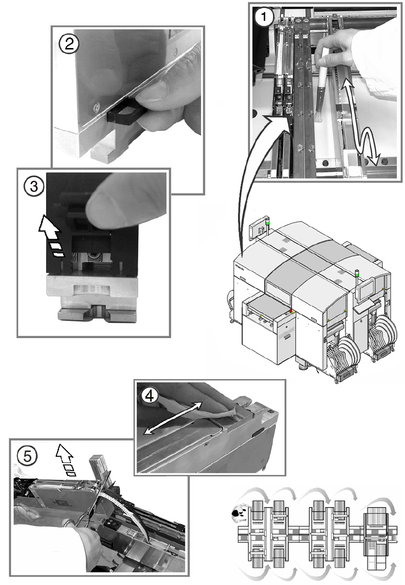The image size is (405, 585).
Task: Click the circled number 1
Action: point(265,18)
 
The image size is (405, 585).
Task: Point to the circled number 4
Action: point(150,395)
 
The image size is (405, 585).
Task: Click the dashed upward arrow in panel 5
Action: point(65,459)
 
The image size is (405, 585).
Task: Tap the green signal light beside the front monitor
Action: point(357,274)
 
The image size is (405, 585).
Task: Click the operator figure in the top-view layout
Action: point(238,514)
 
